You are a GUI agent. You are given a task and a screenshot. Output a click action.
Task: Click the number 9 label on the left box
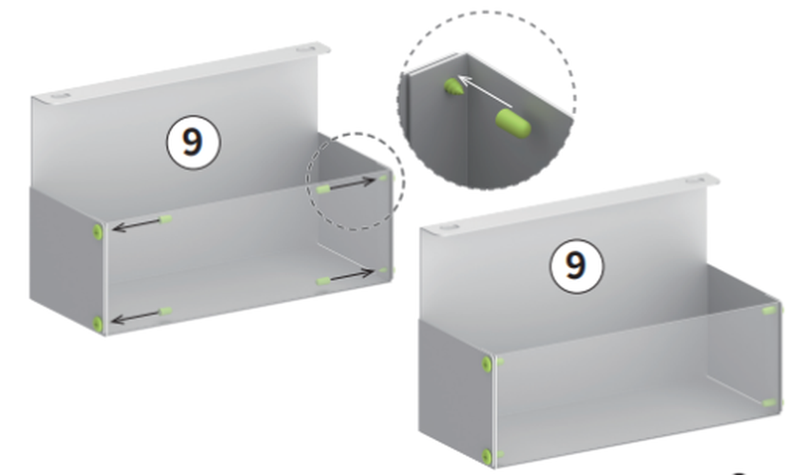click(193, 142)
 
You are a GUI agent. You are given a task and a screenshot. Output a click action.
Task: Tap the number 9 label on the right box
click(576, 265)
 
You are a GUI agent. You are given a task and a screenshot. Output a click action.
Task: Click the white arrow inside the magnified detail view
click(484, 91)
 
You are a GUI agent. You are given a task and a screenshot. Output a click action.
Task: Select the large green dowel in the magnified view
click(513, 123)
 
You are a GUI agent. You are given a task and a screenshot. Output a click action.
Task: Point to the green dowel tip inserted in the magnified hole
click(453, 86)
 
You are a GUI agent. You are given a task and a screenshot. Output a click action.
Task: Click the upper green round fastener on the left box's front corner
click(98, 232)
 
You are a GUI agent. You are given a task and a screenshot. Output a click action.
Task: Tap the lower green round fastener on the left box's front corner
click(98, 324)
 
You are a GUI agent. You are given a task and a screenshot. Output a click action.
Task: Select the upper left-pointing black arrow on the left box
click(136, 224)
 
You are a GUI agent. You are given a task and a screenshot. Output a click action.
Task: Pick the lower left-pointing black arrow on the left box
click(136, 317)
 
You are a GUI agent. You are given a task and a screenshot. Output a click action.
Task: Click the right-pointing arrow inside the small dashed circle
click(353, 183)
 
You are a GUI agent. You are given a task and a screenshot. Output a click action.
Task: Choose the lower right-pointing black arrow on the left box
click(352, 275)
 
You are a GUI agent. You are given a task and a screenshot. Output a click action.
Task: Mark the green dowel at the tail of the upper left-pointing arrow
click(165, 218)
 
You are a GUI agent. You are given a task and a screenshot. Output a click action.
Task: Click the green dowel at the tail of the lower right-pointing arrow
click(323, 280)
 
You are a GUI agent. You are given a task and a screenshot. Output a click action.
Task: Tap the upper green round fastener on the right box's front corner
click(486, 364)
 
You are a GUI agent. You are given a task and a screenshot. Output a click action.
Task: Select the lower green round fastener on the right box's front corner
click(486, 457)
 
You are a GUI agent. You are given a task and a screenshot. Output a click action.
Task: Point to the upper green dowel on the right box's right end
click(769, 311)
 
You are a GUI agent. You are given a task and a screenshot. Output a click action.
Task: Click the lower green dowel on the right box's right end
click(769, 403)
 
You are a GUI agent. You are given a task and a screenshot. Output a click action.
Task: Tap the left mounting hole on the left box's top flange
click(60, 95)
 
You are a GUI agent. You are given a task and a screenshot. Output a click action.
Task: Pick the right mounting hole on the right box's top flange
click(696, 180)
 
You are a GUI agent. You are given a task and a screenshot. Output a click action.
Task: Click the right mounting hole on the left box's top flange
click(304, 48)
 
